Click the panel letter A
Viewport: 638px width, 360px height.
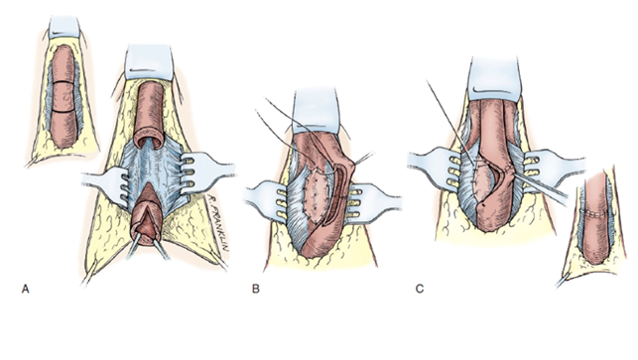(23, 290)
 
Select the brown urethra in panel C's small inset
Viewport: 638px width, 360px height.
(594, 228)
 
